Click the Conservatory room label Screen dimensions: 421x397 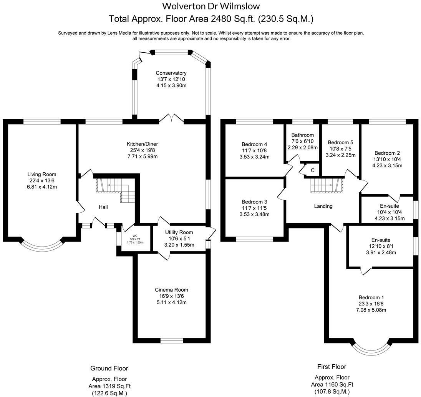point(171,73)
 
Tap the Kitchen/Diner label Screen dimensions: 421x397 point(144,144)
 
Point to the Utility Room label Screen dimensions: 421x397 point(179,232)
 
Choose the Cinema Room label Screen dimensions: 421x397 point(172,290)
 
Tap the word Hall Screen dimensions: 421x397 point(103,207)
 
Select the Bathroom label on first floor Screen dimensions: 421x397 point(302,135)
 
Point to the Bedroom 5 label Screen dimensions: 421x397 point(340,142)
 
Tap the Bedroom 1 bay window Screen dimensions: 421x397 point(372,347)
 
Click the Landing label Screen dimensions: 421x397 point(323,206)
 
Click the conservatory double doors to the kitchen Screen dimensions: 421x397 point(171,118)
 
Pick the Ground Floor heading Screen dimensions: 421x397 point(109,368)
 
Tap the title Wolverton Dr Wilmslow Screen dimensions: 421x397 point(211,6)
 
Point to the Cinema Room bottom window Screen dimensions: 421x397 point(172,340)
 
